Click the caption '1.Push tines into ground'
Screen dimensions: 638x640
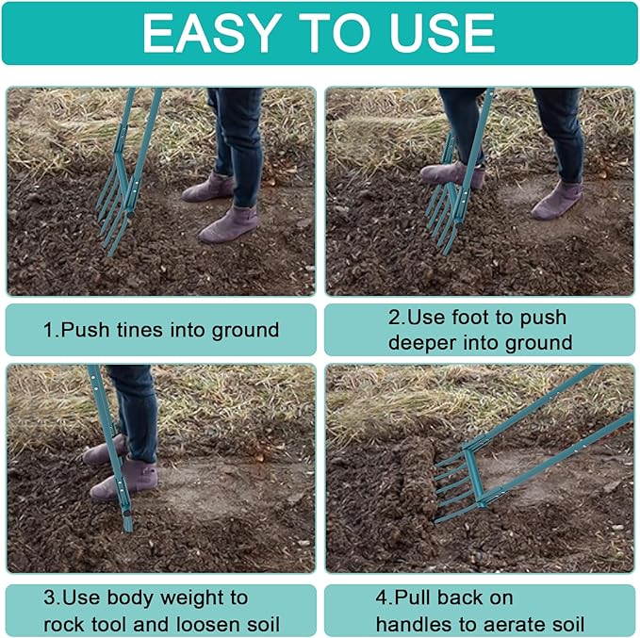pos(161,330)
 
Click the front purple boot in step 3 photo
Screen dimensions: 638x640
pos(124,479)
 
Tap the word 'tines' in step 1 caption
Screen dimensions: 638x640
pos(149,330)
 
